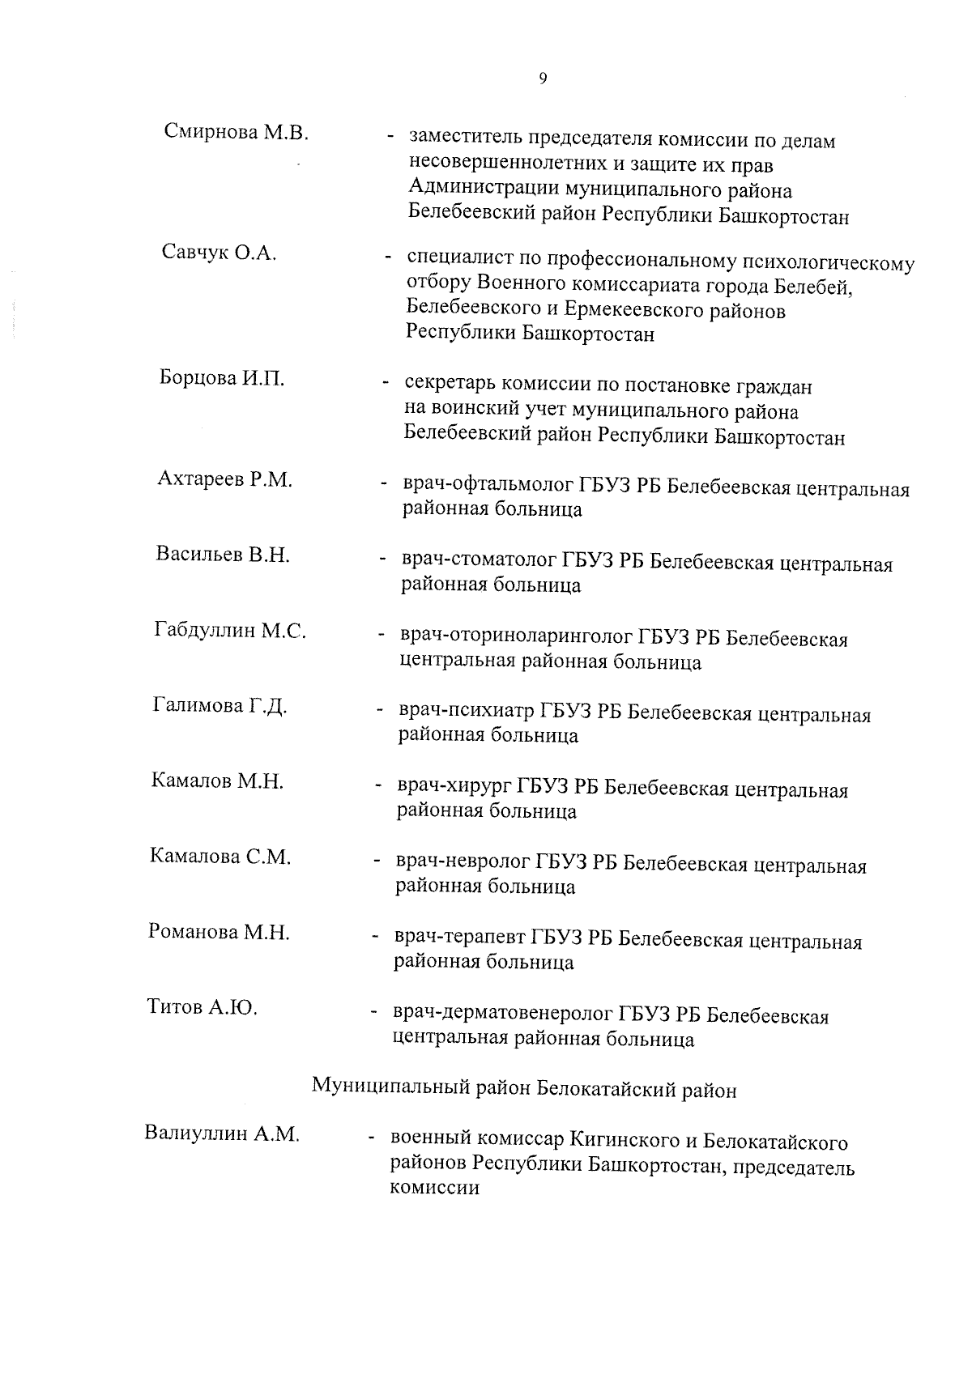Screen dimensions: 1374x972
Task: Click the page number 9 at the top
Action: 542,79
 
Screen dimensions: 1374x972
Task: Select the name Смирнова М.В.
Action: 237,131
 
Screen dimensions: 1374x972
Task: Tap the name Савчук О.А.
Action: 219,253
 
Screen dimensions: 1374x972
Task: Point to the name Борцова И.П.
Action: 221,378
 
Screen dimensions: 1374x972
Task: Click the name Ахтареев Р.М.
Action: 224,479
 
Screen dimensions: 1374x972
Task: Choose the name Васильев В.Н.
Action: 223,555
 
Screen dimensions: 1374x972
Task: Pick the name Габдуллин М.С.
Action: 230,630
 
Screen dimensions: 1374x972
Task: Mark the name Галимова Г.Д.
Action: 220,706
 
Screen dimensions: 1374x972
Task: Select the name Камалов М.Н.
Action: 217,781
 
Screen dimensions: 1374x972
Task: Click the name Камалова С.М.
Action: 220,857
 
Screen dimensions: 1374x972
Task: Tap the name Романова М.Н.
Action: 219,932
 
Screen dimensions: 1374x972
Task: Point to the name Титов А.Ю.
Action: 202,1007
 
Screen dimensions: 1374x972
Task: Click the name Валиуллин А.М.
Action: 222,1134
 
